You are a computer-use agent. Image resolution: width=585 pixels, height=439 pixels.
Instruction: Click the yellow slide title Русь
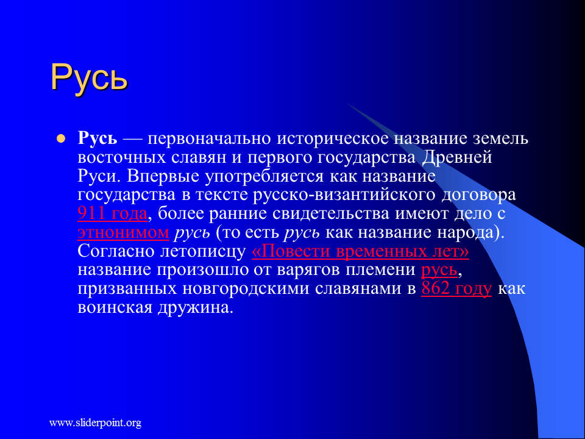click(x=89, y=77)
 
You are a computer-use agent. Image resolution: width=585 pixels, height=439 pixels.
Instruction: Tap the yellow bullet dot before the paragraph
click(x=60, y=139)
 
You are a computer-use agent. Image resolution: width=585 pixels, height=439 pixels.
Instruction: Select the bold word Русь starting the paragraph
click(x=97, y=139)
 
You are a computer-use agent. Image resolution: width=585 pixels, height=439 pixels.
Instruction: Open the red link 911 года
click(x=112, y=214)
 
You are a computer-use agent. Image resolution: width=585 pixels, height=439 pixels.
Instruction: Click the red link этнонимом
click(x=124, y=232)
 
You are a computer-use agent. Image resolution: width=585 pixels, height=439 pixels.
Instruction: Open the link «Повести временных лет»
click(x=360, y=251)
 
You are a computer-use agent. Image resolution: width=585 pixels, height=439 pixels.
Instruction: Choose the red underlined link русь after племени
click(x=439, y=270)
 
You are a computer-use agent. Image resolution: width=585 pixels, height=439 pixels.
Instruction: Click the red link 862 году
click(x=456, y=289)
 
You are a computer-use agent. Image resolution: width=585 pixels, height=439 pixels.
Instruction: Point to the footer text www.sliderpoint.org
click(x=96, y=423)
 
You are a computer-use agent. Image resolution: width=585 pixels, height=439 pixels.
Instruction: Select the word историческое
click(x=333, y=139)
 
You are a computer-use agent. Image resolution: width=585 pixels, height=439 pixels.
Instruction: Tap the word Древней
click(x=458, y=157)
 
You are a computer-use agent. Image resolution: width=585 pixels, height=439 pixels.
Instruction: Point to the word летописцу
click(x=203, y=251)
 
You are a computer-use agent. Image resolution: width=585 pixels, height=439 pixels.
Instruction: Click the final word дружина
click(x=195, y=308)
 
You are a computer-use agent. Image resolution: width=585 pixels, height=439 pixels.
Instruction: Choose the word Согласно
click(x=116, y=251)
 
